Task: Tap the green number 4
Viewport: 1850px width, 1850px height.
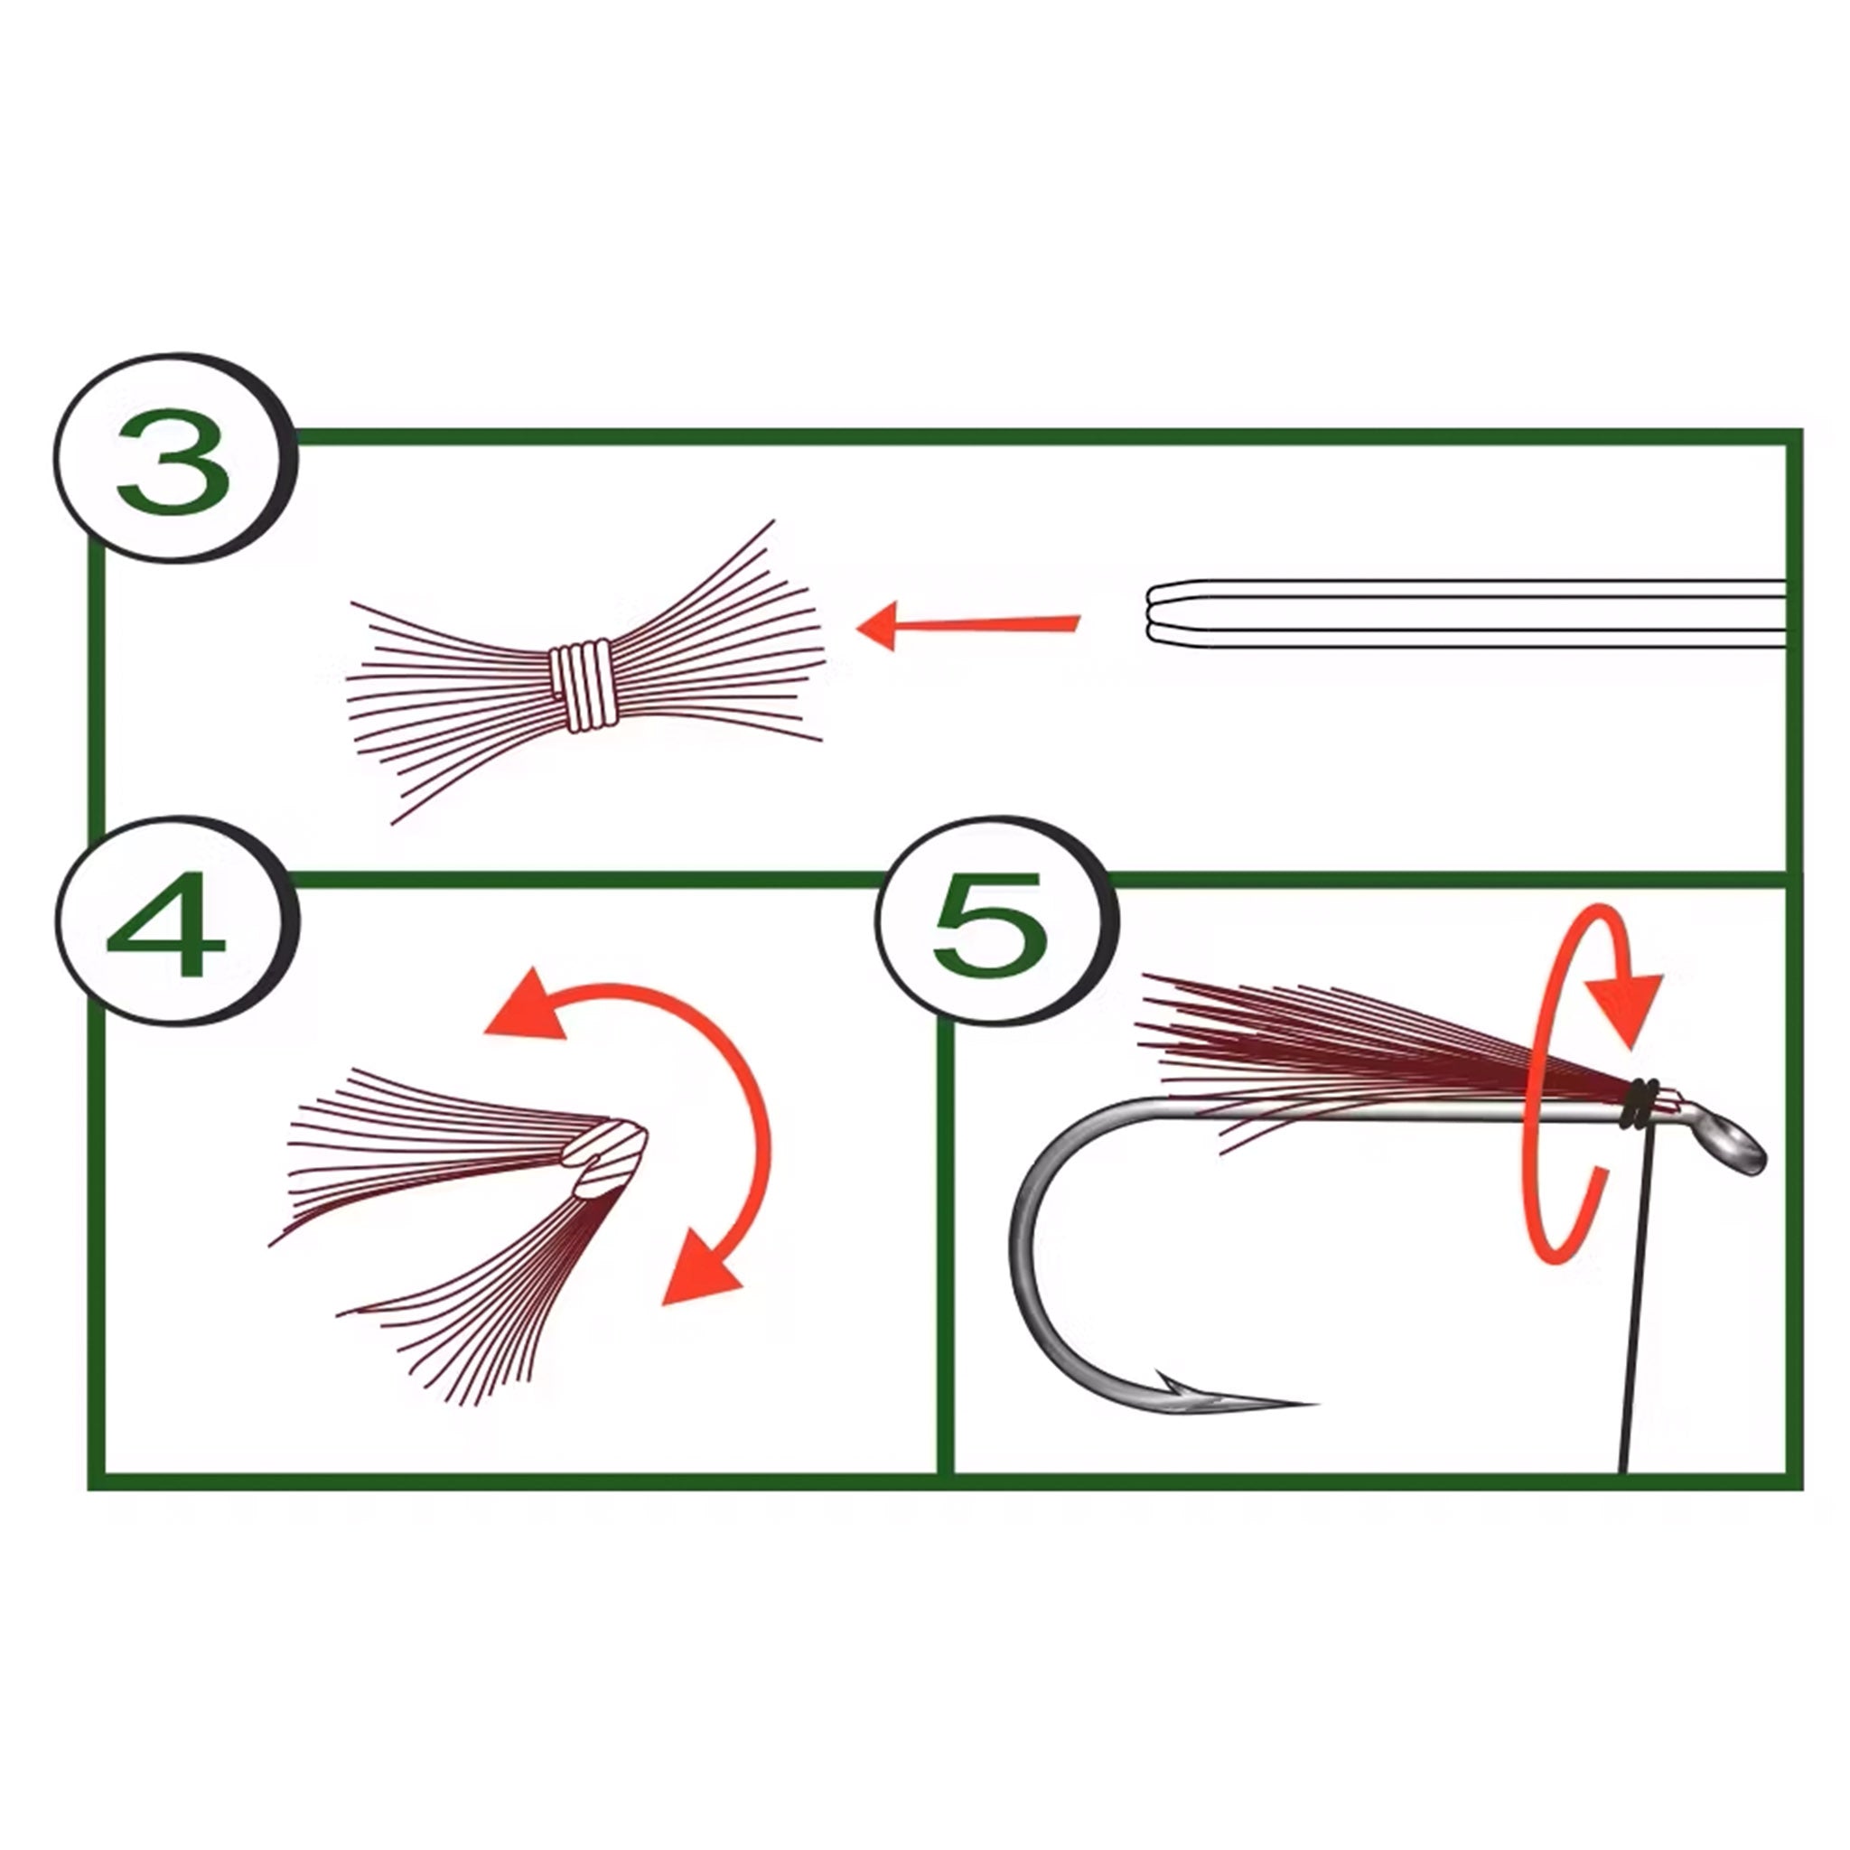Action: pos(164,924)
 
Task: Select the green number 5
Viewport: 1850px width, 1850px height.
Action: pos(988,925)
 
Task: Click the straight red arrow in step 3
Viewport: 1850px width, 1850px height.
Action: pos(967,626)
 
